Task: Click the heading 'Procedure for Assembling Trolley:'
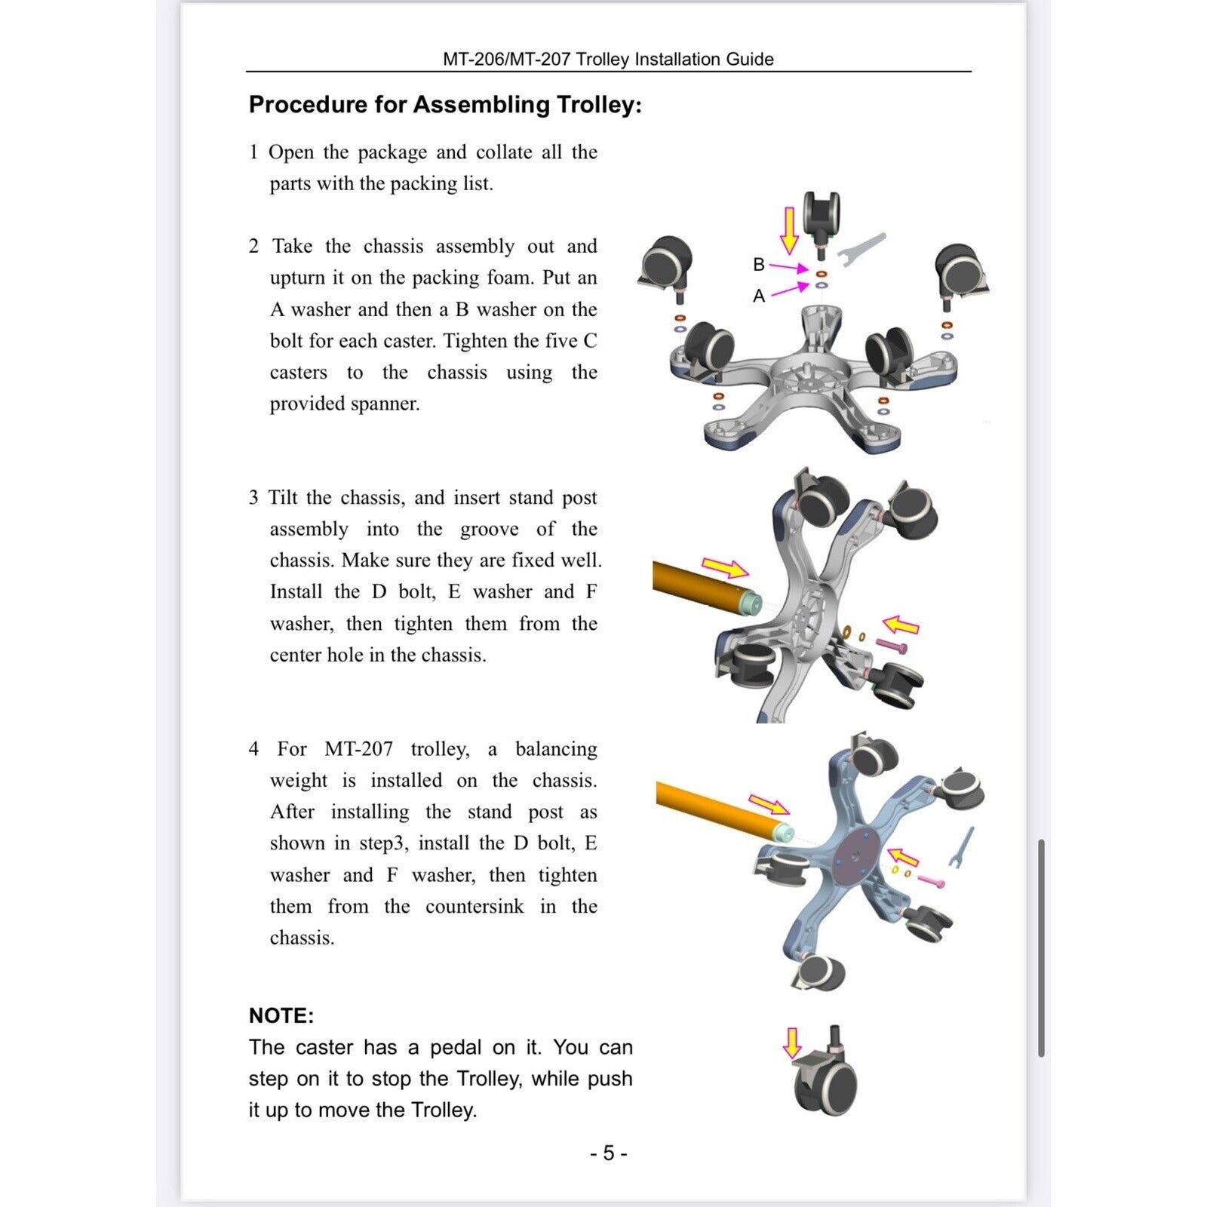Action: point(445,104)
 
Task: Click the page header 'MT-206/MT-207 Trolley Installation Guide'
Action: point(608,59)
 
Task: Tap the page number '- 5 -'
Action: point(608,1153)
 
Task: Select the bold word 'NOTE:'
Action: point(281,1015)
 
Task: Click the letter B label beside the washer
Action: point(759,264)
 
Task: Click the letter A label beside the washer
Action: point(759,296)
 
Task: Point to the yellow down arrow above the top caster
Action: point(789,231)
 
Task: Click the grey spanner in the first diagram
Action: point(860,250)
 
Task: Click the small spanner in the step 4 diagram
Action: point(964,846)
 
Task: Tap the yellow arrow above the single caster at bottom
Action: point(792,1043)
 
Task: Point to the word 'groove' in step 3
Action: point(490,530)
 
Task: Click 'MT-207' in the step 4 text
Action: point(359,749)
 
